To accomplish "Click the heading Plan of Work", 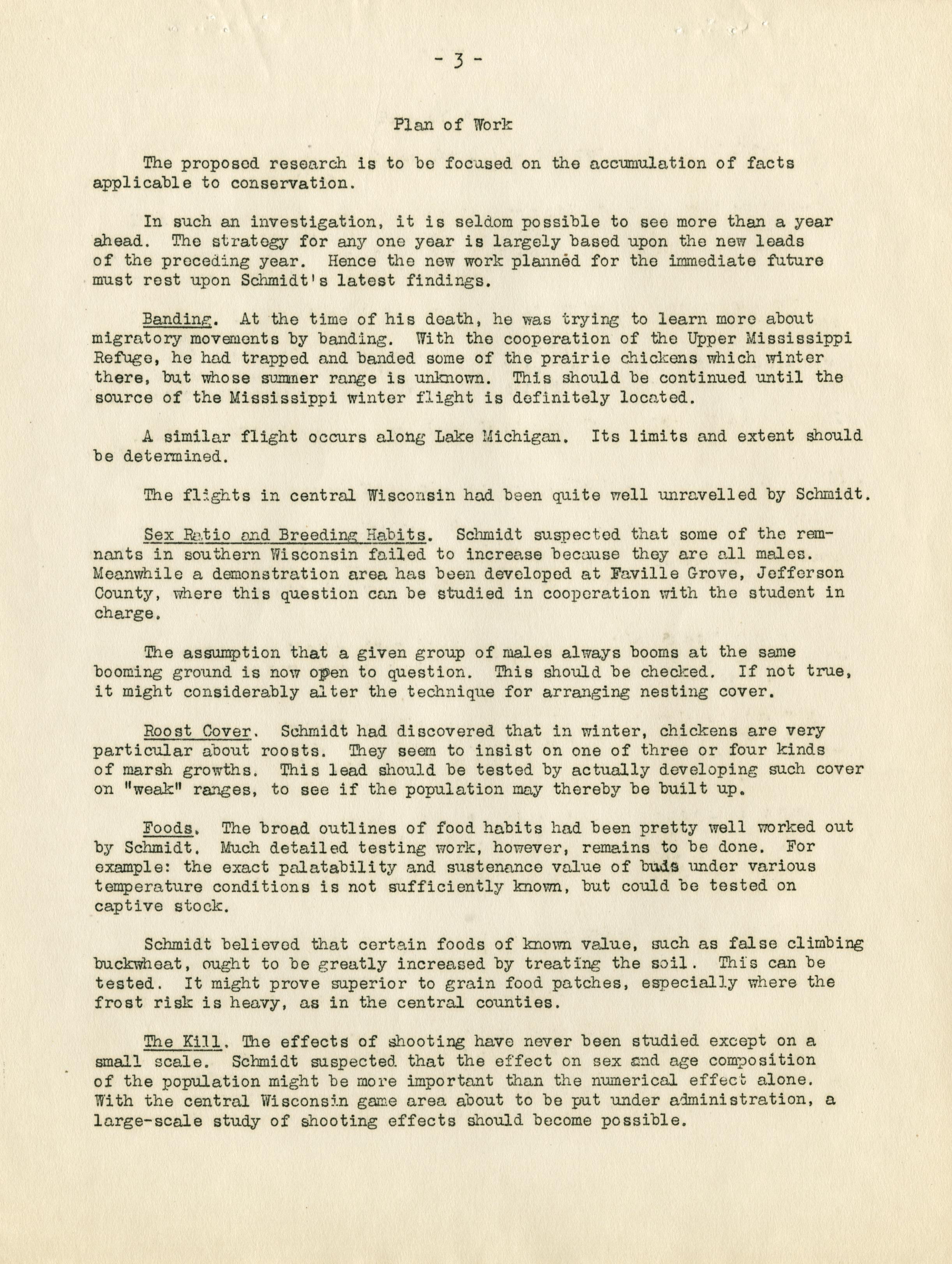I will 453,125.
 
